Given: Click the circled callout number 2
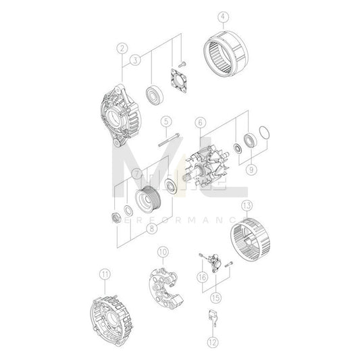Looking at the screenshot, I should (122, 48).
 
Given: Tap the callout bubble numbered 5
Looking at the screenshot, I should (165, 122).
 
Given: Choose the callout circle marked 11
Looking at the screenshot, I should (104, 274).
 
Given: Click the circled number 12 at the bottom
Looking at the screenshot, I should (214, 341).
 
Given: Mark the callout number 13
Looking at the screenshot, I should (247, 205).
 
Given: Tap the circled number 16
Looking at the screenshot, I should (202, 277).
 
